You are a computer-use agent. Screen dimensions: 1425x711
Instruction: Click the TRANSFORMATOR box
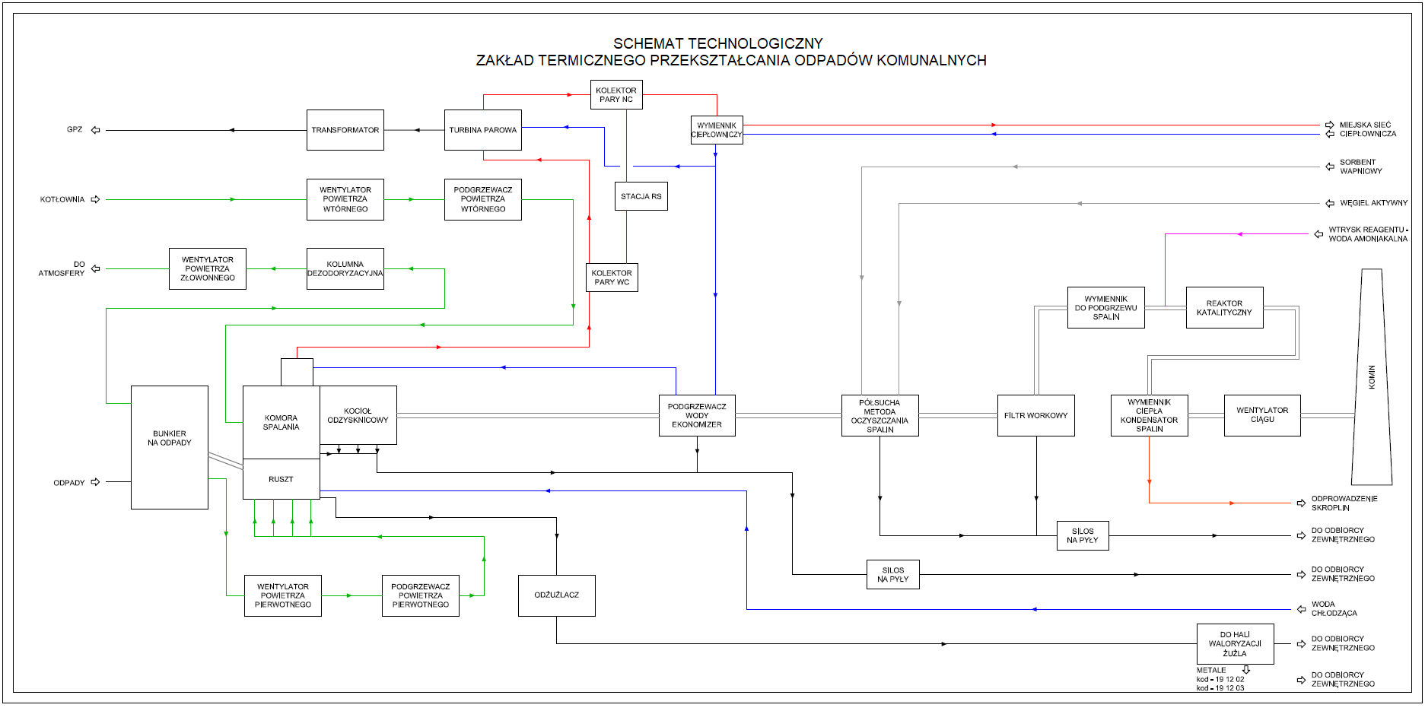click(345, 130)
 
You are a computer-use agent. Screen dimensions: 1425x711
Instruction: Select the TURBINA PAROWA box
click(483, 130)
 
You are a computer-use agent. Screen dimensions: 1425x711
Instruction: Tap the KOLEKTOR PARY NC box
click(616, 95)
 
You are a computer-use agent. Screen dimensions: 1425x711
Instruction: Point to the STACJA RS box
click(641, 196)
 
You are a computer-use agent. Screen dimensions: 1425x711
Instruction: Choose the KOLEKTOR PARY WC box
click(612, 278)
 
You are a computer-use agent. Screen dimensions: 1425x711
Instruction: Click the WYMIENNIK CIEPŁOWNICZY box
click(717, 130)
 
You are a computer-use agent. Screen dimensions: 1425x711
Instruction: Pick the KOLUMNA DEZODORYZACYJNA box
click(345, 269)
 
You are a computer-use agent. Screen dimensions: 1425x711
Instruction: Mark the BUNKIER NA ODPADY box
click(170, 447)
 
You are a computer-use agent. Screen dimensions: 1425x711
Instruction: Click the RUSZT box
click(282, 479)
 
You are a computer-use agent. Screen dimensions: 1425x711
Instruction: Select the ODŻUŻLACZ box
click(557, 595)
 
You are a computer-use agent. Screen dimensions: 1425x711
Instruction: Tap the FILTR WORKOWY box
click(1036, 415)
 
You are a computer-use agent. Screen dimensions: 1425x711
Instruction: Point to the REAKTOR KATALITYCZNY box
click(1225, 308)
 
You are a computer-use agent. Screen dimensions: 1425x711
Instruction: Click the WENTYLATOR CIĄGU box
click(1263, 415)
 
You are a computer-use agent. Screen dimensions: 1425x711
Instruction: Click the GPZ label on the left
click(75, 129)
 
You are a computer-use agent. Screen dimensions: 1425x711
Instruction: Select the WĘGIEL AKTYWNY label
click(1374, 203)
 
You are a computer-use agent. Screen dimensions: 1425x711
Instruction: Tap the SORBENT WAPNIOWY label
click(1361, 167)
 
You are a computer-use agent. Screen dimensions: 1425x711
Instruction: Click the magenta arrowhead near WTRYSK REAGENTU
click(1239, 234)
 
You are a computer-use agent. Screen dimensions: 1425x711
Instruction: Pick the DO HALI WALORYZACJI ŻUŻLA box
click(1236, 644)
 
